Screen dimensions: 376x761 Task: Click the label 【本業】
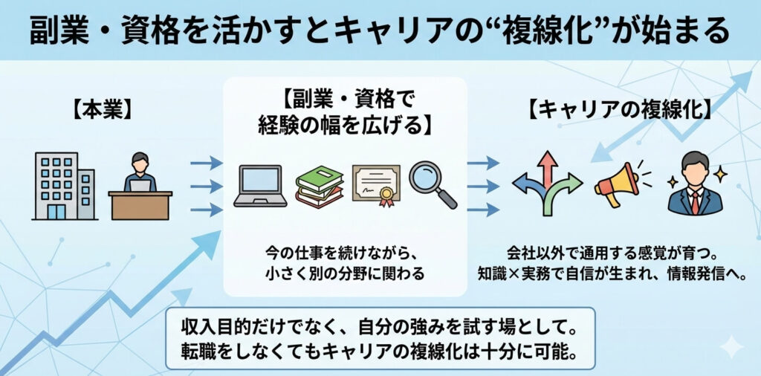click(102, 111)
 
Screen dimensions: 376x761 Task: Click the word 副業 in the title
click(59, 30)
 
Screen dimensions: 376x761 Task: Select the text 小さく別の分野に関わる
click(345, 273)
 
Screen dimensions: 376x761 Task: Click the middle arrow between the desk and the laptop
click(206, 186)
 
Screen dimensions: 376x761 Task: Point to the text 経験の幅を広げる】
click(345, 124)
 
